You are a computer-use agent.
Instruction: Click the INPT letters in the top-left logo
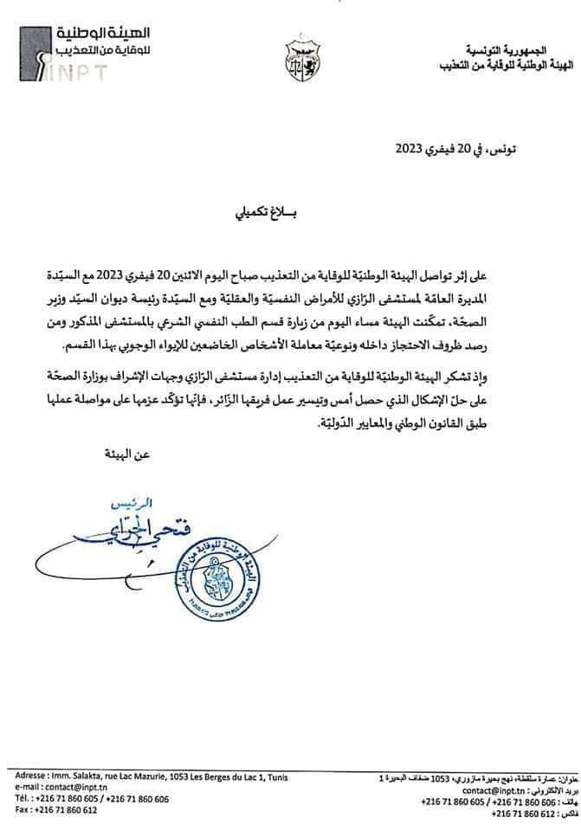click(82, 73)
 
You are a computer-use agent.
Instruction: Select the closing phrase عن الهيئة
click(115, 454)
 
